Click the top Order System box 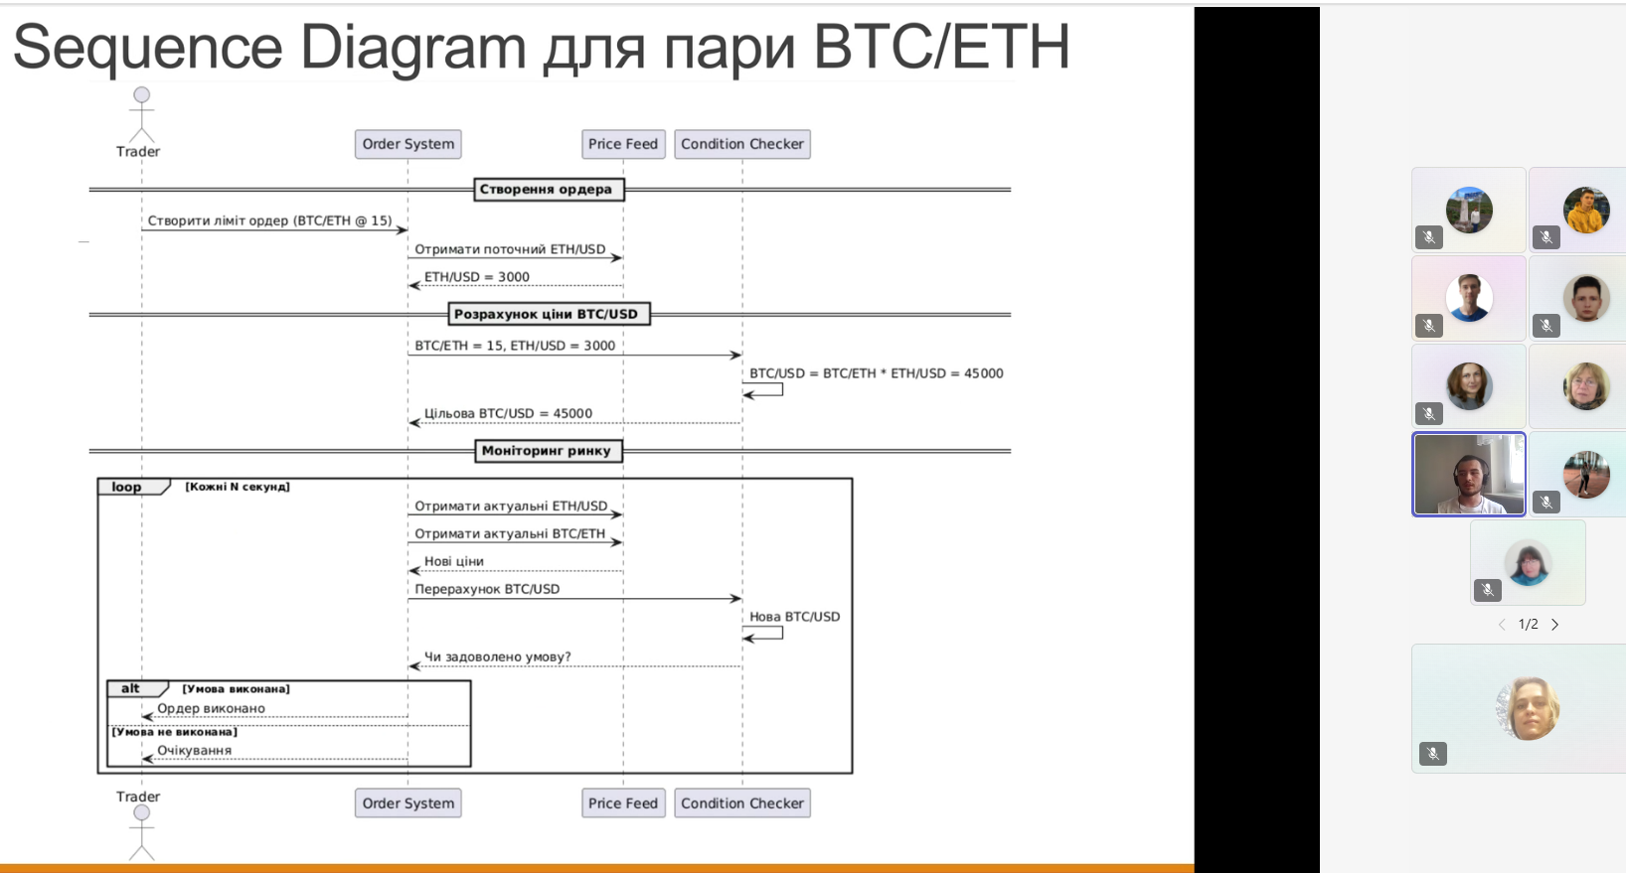407,144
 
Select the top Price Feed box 623,144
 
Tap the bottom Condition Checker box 741,803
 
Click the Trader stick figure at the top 141,115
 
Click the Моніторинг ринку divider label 548,450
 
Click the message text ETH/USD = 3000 477,277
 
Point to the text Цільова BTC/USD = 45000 508,413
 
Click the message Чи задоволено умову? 497,656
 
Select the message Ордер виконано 212,708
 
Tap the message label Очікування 195,751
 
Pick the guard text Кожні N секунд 238,487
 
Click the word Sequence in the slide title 148,48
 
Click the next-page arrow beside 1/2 1554,625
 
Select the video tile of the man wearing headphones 1469,474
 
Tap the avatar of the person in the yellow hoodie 1586,210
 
